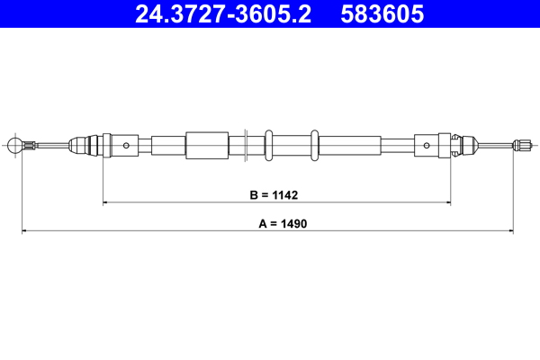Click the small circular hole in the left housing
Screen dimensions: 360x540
[127, 145]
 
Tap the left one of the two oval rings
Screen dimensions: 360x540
[268, 145]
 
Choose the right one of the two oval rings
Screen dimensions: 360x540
[315, 145]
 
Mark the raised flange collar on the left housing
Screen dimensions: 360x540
[105, 145]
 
